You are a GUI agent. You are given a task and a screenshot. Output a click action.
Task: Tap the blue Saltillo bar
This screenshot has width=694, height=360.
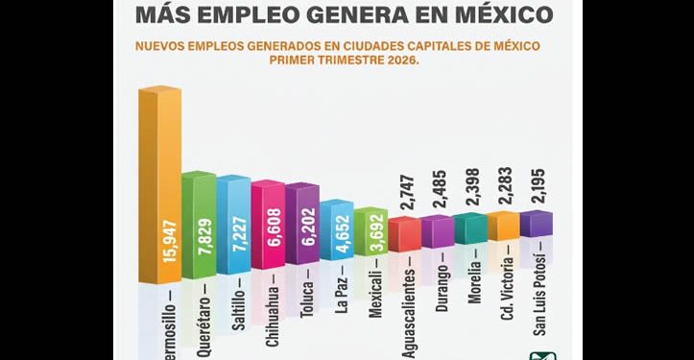pos(233,229)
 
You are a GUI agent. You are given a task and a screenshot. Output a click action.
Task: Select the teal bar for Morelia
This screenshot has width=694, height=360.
pos(471,229)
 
